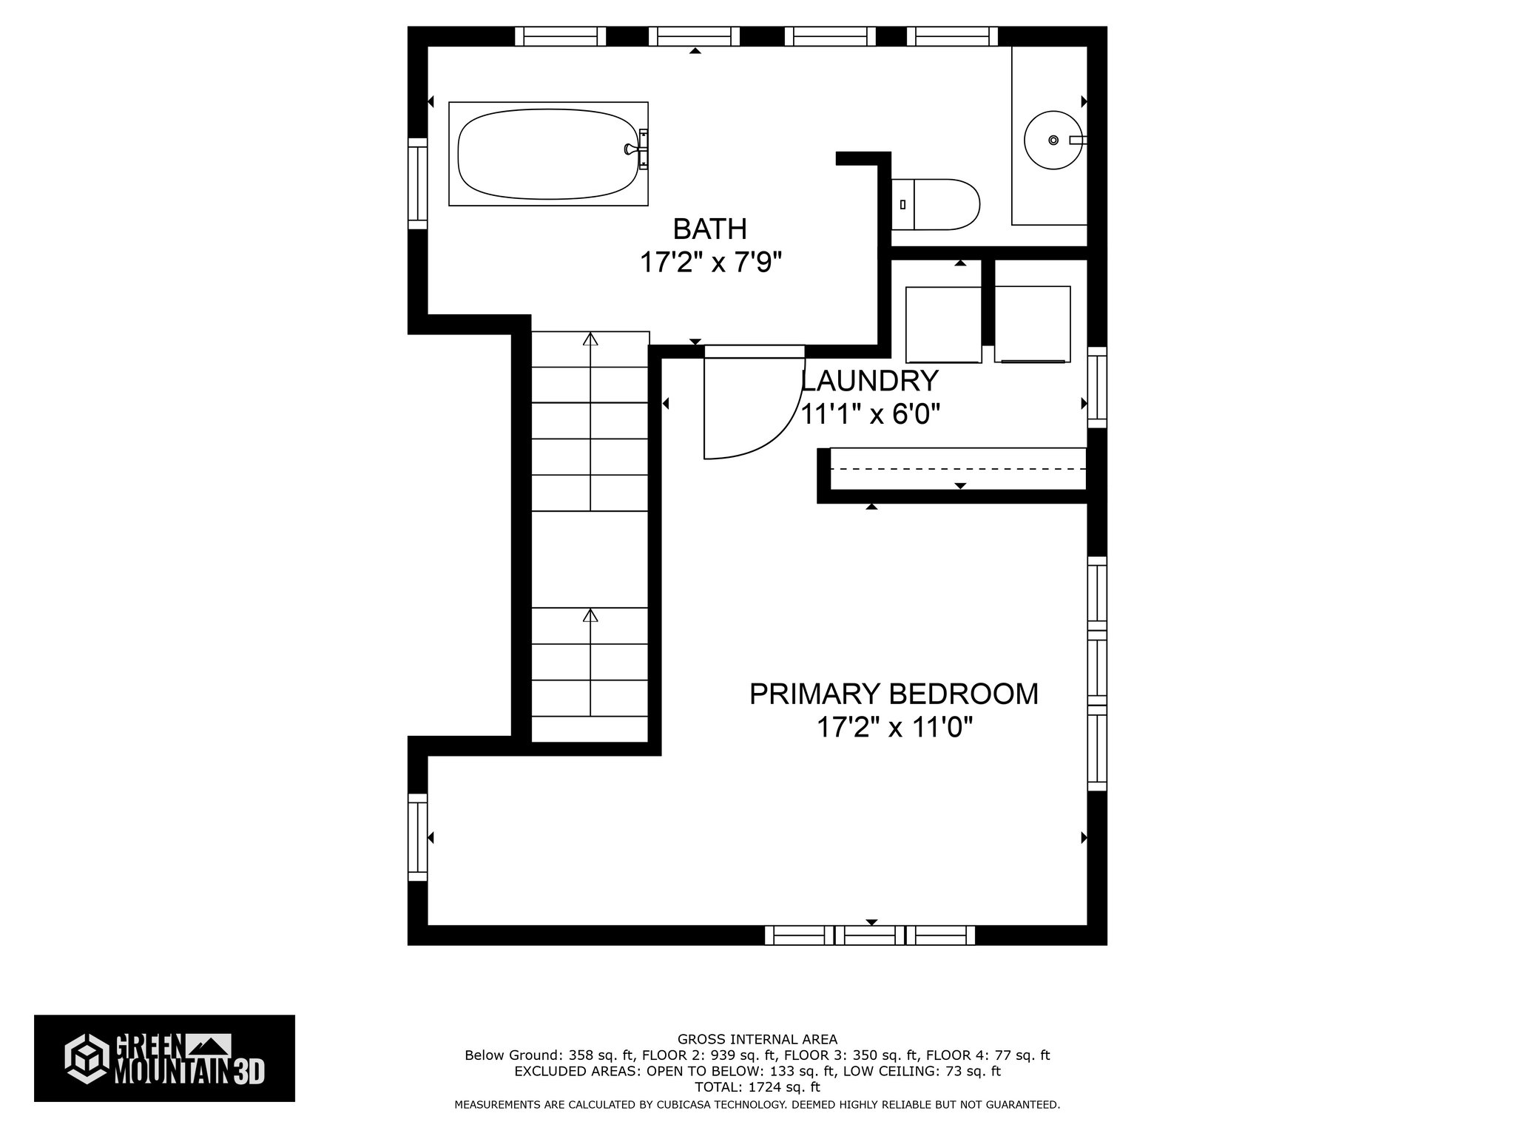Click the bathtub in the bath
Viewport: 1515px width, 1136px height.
[x=548, y=154]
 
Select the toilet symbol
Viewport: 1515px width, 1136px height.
[x=937, y=203]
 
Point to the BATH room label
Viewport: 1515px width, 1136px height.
[x=709, y=229]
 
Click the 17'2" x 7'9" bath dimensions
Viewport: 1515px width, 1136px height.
[x=710, y=263]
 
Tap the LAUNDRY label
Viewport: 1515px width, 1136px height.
[x=871, y=381]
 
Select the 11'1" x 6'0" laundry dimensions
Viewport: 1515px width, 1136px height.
[x=871, y=415]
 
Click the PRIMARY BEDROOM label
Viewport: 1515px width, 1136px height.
[x=894, y=694]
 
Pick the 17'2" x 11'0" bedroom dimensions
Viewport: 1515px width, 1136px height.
[x=894, y=728]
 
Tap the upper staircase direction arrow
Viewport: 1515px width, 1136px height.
[x=590, y=340]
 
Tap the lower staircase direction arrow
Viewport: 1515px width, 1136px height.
[x=590, y=616]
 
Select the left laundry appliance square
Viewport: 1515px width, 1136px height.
[x=943, y=325]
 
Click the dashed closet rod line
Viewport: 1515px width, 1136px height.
[x=958, y=469]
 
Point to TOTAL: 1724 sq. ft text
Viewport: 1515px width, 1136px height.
[x=757, y=1087]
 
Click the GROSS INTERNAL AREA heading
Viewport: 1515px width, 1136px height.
[x=757, y=1039]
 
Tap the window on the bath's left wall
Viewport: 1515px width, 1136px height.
[x=418, y=183]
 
